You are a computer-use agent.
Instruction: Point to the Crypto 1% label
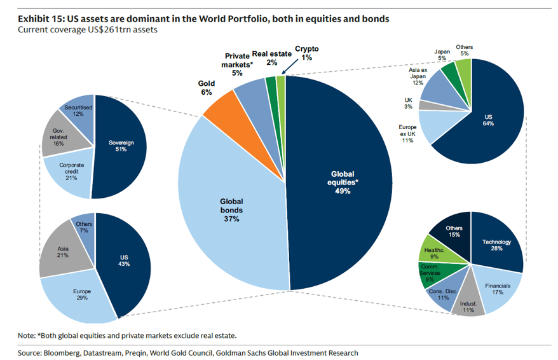(307, 53)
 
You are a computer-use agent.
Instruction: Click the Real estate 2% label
(272, 58)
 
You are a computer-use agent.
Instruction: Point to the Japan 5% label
(442, 55)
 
